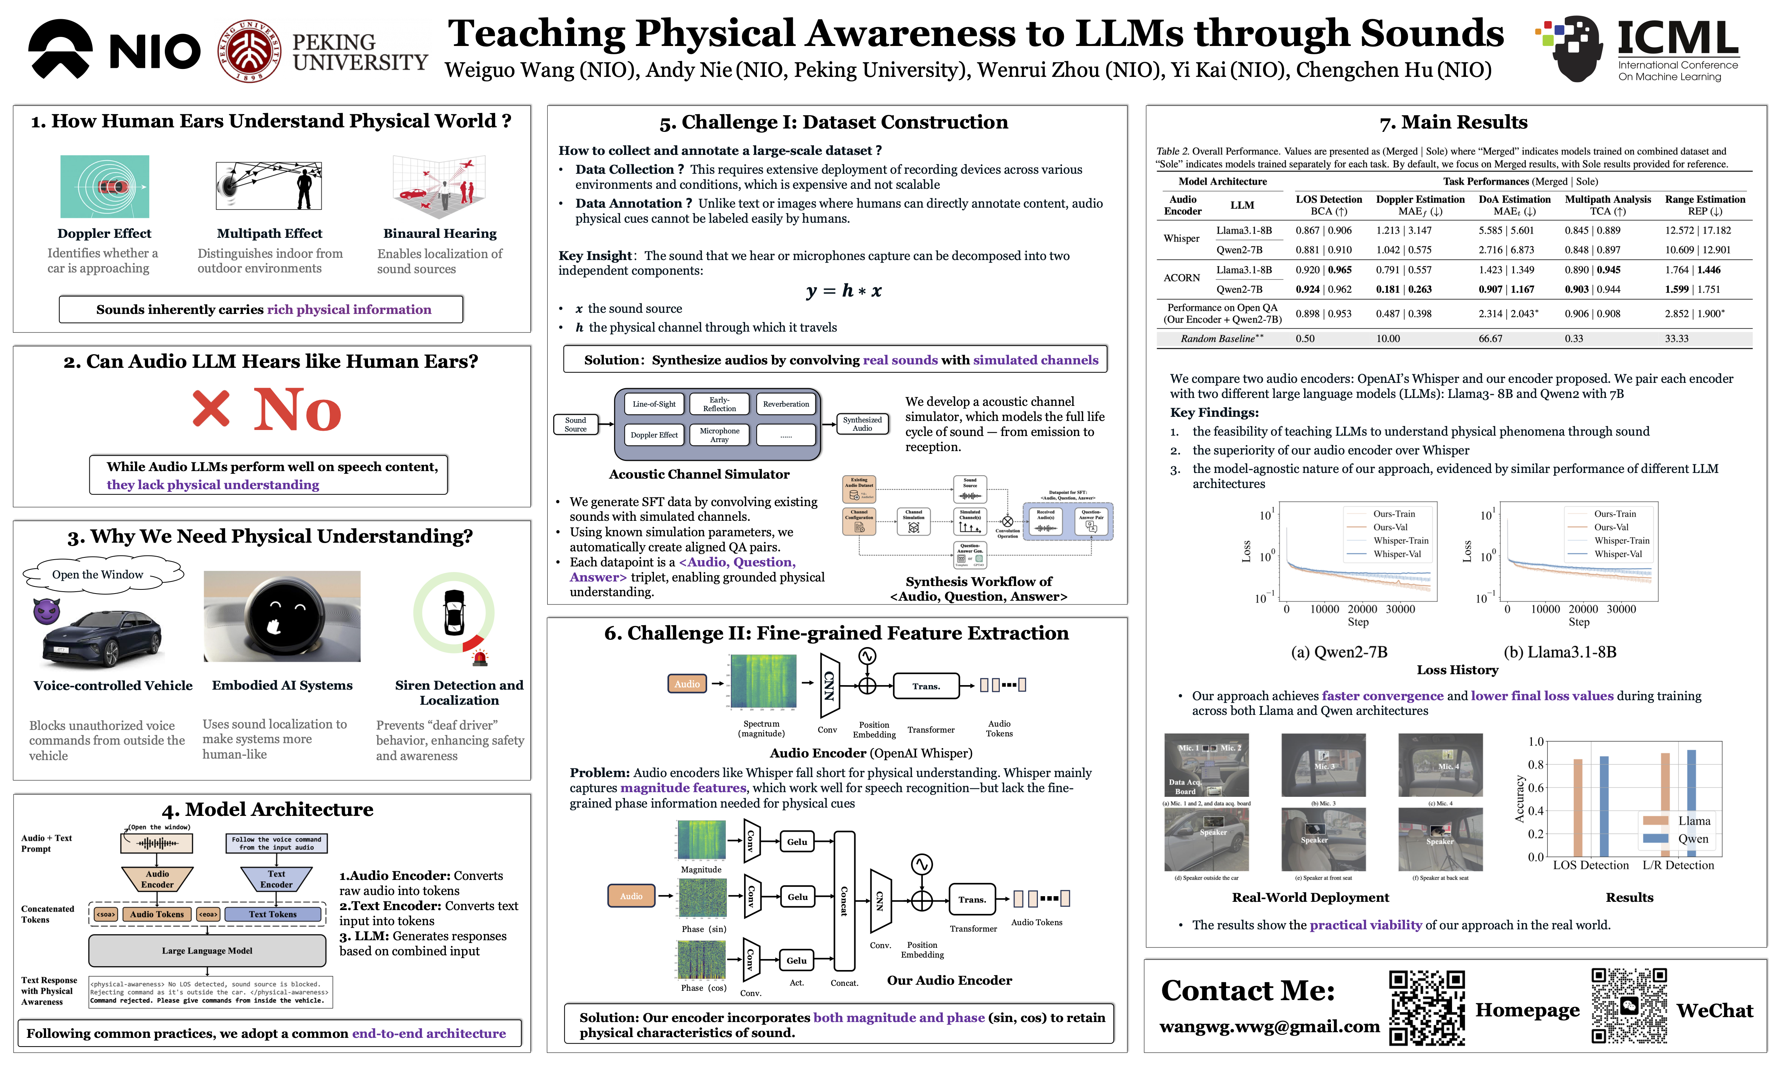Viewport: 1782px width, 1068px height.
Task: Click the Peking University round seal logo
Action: tap(249, 50)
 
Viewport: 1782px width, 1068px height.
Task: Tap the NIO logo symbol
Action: tap(60, 49)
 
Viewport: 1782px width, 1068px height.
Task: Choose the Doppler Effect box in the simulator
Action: tap(654, 435)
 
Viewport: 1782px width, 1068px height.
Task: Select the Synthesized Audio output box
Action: tap(862, 424)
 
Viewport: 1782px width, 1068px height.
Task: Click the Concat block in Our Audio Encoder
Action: tap(844, 901)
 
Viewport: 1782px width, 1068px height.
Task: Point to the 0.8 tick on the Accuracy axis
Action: tap(1536, 764)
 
